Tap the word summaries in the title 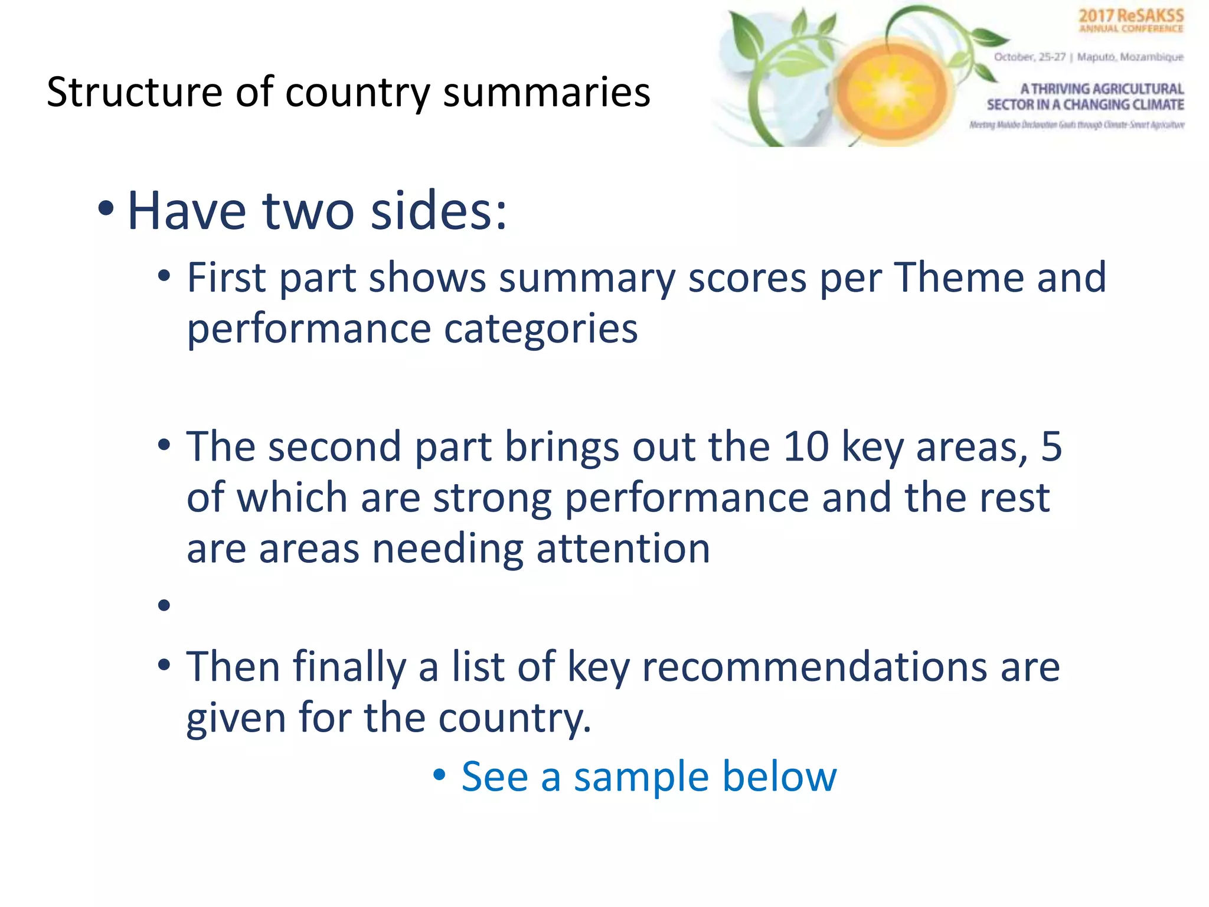(x=547, y=93)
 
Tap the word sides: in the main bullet (x=439, y=211)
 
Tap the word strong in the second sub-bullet (x=492, y=497)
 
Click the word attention (x=623, y=549)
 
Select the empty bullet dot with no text (x=164, y=605)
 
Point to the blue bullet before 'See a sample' (x=439, y=774)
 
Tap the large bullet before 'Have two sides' (x=106, y=208)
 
